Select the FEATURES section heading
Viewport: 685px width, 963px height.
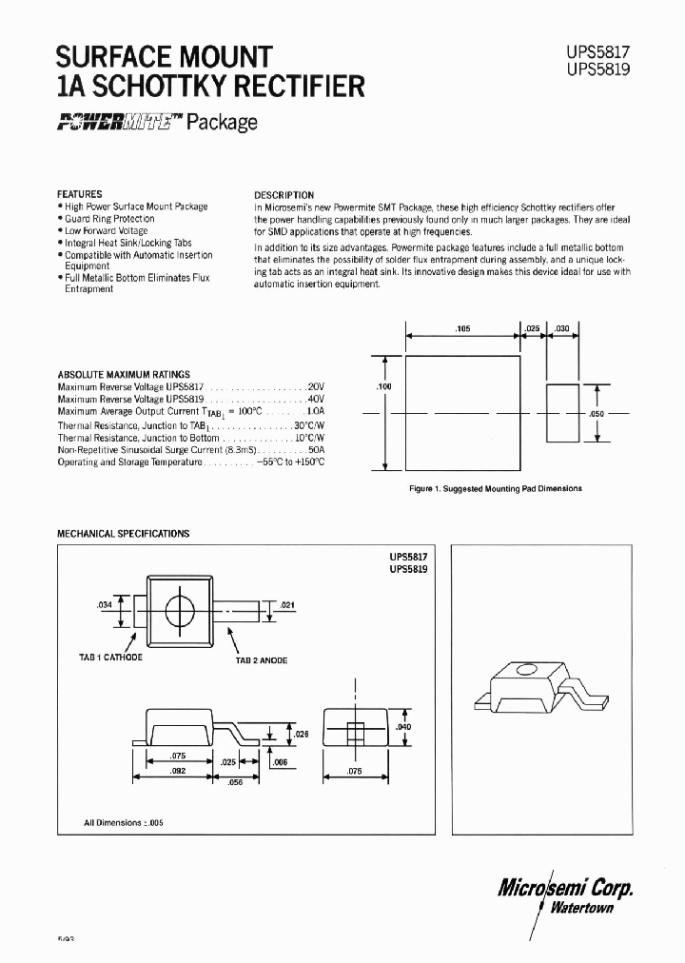click(80, 193)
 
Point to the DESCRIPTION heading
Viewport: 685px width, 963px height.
click(284, 195)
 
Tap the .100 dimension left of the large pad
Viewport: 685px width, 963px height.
click(384, 387)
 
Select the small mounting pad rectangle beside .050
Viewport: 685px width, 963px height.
click(562, 414)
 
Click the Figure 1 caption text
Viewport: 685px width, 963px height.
click(494, 488)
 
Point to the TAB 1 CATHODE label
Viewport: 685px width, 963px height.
click(111, 658)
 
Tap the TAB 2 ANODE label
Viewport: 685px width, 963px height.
click(261, 660)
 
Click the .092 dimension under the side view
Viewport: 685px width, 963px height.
click(178, 772)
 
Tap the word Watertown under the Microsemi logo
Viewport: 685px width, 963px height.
click(579, 907)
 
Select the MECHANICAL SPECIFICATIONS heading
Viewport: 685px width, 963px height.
click(124, 534)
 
